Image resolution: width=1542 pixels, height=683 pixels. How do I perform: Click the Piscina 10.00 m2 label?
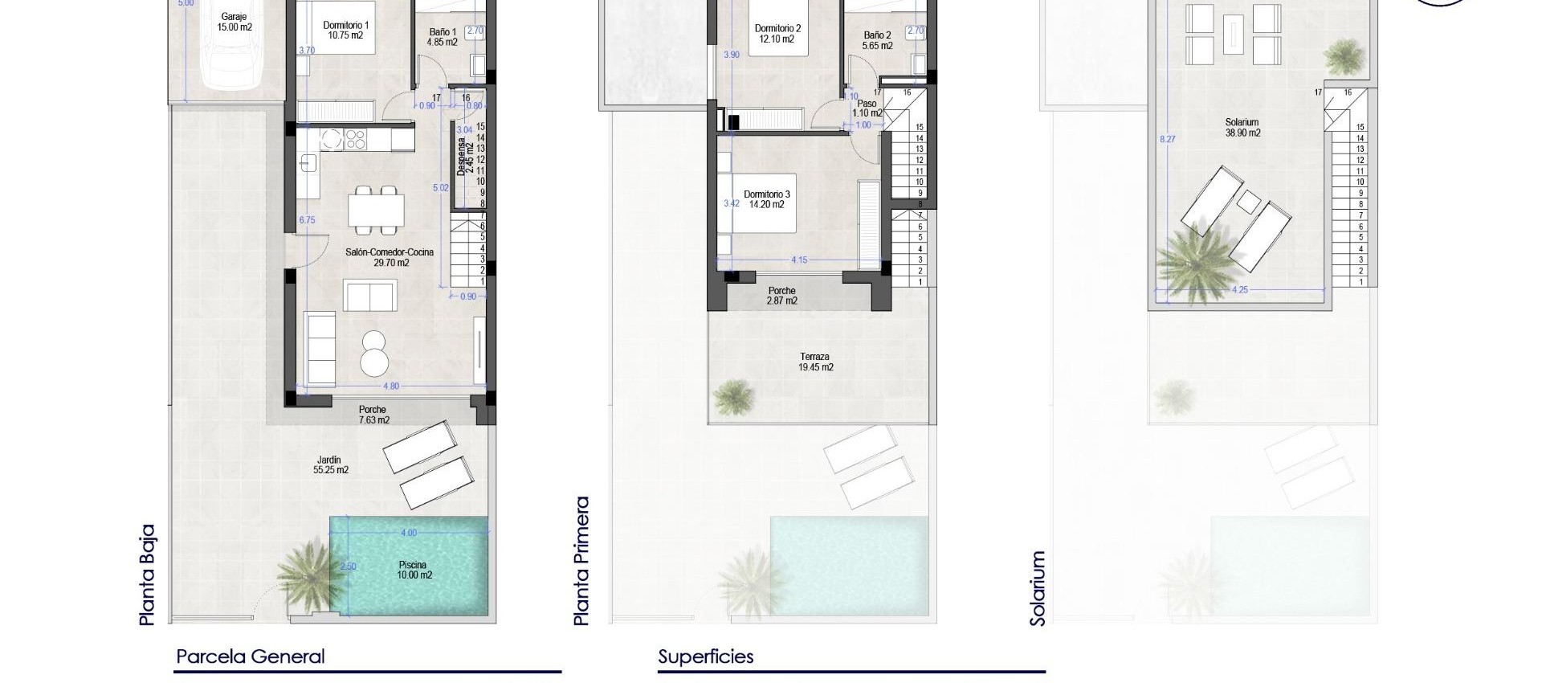click(x=414, y=570)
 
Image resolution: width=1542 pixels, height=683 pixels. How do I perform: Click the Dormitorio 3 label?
click(x=766, y=199)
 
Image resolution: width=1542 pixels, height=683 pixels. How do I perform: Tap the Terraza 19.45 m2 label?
click(x=815, y=362)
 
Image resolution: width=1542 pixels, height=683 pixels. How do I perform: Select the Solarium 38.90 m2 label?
click(x=1242, y=128)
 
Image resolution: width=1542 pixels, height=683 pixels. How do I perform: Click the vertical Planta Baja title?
click(x=147, y=575)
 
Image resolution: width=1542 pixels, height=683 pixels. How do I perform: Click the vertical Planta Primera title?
click(x=582, y=560)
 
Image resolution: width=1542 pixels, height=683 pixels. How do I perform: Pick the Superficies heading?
click(x=706, y=656)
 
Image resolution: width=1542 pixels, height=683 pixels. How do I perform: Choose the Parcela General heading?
click(x=250, y=656)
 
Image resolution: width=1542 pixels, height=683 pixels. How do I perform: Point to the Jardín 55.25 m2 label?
click(x=330, y=465)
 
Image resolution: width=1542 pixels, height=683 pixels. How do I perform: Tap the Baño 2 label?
click(x=877, y=40)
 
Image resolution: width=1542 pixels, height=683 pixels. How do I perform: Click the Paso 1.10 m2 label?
click(x=867, y=108)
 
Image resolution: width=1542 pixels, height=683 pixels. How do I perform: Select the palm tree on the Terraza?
click(x=732, y=395)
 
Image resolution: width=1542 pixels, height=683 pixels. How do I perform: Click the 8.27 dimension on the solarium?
click(x=1167, y=139)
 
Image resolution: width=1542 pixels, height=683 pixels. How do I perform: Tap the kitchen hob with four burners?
click(x=355, y=140)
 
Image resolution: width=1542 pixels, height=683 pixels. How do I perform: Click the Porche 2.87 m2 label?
click(x=781, y=296)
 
